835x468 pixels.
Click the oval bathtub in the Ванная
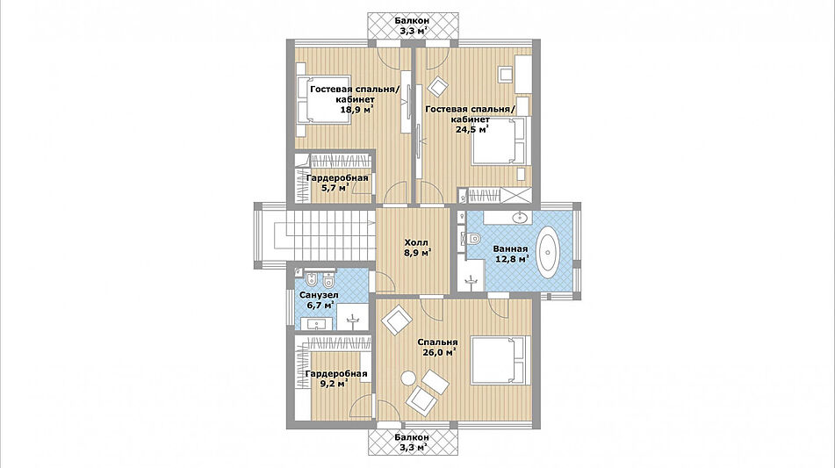click(x=549, y=252)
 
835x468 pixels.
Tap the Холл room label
click(x=416, y=242)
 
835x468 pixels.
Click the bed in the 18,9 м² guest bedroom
click(x=323, y=99)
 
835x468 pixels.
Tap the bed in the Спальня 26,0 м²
click(x=500, y=360)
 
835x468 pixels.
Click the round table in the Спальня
click(x=408, y=378)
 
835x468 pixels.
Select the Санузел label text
click(x=319, y=295)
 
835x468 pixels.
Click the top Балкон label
click(x=412, y=21)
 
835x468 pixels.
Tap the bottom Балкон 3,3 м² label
click(x=412, y=442)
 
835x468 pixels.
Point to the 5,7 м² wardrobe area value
click(x=335, y=188)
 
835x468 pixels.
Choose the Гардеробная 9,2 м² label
click(x=336, y=378)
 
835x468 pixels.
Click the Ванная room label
click(x=510, y=248)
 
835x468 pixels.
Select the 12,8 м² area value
click(x=510, y=259)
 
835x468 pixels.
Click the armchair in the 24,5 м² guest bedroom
click(x=438, y=86)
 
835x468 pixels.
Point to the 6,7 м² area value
click(x=320, y=306)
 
